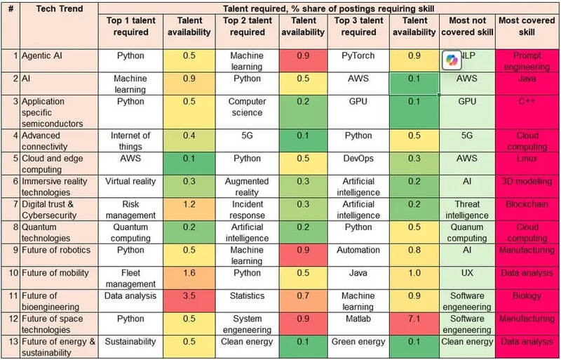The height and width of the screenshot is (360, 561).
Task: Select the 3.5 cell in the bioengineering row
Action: click(188, 297)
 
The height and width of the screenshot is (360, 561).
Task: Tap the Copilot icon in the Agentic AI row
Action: click(451, 60)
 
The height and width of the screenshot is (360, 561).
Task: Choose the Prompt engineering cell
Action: click(527, 60)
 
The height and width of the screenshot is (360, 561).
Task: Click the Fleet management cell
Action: click(130, 274)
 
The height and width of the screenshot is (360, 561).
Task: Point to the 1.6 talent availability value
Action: click(188, 274)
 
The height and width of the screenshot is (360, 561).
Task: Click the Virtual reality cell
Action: click(130, 181)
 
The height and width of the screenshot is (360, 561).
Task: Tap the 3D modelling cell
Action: click(527, 181)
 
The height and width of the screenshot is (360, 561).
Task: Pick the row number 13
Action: click(10, 342)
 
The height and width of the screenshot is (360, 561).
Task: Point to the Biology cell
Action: click(527, 297)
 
